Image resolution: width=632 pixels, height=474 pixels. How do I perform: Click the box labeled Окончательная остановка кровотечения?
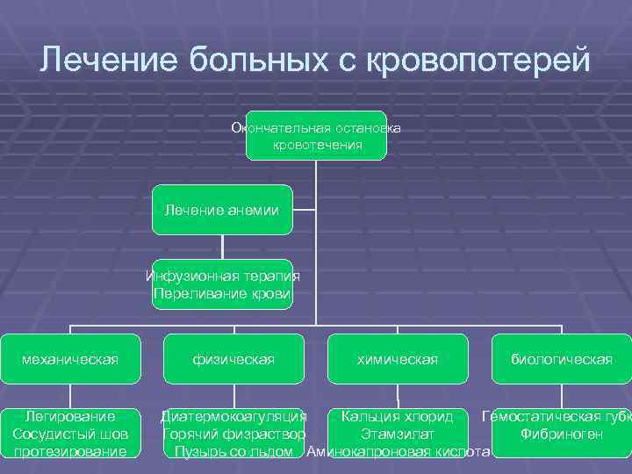tap(316, 136)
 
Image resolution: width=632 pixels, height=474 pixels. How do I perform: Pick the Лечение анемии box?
tap(221, 210)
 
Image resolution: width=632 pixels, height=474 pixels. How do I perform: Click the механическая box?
tap(70, 359)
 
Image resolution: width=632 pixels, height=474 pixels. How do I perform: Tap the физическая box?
tap(233, 359)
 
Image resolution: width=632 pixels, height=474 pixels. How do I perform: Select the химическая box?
tap(397, 359)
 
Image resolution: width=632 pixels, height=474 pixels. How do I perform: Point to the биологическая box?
tap(562, 359)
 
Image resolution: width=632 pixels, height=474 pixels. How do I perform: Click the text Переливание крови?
tap(221, 292)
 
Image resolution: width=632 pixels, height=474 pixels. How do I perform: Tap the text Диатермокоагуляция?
tap(233, 415)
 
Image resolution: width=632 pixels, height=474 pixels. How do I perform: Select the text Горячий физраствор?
tap(233, 434)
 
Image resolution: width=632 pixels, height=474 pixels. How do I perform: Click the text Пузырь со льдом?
tap(233, 452)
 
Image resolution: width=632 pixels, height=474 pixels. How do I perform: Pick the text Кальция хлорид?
tap(397, 415)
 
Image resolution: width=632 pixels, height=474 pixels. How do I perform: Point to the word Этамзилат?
tap(397, 434)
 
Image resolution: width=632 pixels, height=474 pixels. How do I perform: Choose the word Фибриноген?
tap(561, 434)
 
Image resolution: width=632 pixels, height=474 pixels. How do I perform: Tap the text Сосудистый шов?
tap(70, 434)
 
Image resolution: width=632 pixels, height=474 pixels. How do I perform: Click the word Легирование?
tap(70, 415)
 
